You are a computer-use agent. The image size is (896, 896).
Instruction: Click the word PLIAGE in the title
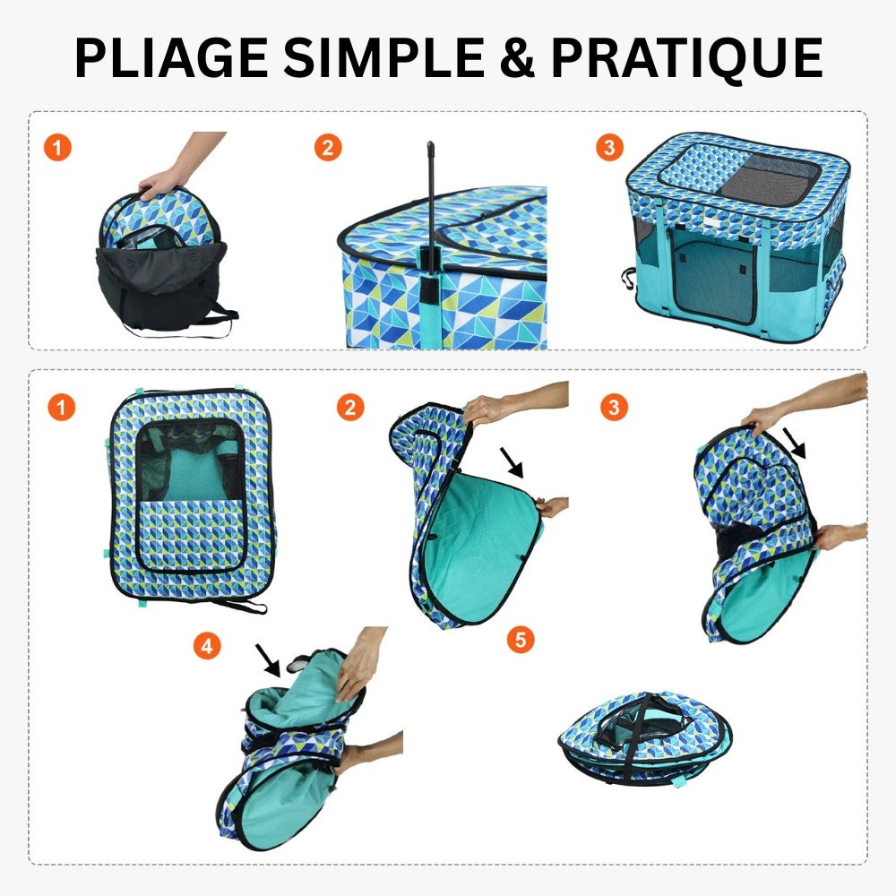pyautogui.click(x=169, y=57)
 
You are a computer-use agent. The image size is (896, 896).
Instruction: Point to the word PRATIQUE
pyautogui.click(x=686, y=57)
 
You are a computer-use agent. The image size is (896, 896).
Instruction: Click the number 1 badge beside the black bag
pyautogui.click(x=57, y=148)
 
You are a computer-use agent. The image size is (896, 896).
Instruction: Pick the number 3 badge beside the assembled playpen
pyautogui.click(x=610, y=148)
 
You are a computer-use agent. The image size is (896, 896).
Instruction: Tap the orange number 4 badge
pyautogui.click(x=207, y=646)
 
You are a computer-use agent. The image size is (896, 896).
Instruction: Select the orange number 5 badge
pyautogui.click(x=520, y=640)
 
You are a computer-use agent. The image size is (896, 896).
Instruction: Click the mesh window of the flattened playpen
pyautogui.click(x=187, y=461)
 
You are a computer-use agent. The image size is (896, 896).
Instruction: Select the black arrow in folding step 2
pyautogui.click(x=513, y=462)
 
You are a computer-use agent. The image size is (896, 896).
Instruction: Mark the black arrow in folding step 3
pyautogui.click(x=795, y=442)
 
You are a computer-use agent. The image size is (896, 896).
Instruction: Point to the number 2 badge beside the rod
pyautogui.click(x=328, y=148)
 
